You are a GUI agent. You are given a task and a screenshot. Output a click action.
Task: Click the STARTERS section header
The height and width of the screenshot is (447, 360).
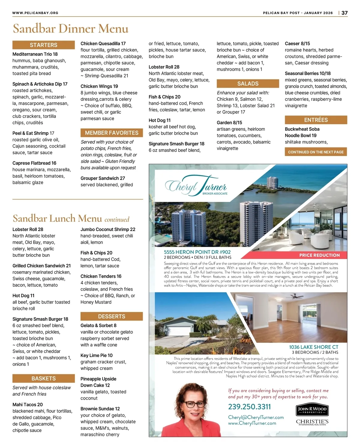click(43, 45)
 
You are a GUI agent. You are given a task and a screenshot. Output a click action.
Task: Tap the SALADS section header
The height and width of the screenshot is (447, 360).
click(248, 84)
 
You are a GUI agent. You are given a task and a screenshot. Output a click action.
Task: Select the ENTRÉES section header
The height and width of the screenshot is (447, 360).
click(316, 120)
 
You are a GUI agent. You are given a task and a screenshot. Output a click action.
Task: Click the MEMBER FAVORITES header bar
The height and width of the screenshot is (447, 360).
click(112, 133)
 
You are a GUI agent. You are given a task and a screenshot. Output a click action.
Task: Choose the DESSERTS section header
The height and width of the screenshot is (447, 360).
click(112, 316)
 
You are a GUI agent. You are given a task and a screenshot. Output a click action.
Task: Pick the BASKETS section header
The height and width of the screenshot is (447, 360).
click(43, 379)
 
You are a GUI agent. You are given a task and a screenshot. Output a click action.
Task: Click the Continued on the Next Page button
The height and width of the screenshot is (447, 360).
click(316, 152)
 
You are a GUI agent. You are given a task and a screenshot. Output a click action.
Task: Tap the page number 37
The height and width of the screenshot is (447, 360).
click(345, 13)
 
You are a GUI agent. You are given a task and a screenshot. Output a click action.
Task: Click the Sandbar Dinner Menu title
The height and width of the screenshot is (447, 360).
click(70, 29)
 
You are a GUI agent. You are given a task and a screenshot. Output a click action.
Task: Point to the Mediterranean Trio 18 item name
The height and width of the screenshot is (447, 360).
click(35, 54)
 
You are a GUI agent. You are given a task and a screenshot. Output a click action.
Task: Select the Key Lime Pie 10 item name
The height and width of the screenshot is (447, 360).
click(97, 355)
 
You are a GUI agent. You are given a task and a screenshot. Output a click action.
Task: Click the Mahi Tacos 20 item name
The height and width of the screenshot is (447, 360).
click(28, 405)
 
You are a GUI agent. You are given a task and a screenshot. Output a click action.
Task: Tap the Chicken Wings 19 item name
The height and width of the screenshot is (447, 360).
click(99, 86)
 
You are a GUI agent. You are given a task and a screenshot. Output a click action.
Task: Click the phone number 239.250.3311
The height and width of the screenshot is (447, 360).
click(249, 407)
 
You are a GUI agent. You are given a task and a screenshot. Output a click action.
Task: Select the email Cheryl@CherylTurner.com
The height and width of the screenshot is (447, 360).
click(256, 417)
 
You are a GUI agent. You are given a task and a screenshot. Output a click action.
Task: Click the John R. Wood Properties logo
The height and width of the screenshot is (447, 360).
click(312, 410)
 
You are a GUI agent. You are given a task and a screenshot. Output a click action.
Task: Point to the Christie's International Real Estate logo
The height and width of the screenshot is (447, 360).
click(312, 422)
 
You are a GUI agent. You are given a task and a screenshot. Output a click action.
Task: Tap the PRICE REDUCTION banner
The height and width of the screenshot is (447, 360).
click(319, 255)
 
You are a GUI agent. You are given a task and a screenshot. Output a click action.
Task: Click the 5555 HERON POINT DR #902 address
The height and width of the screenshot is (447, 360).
click(197, 252)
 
